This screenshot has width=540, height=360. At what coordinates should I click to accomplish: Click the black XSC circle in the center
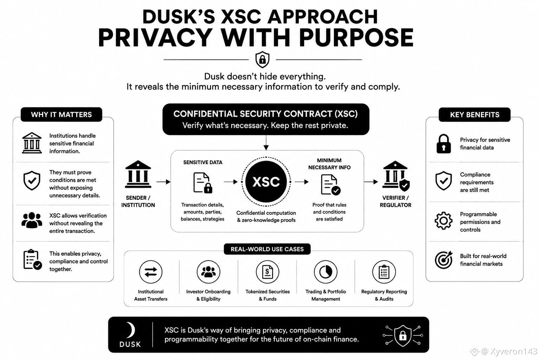266,181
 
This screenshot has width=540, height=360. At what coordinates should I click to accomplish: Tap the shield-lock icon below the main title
262,59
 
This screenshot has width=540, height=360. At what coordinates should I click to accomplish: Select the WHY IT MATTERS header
62,115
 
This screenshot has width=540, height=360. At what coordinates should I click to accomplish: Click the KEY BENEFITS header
474,115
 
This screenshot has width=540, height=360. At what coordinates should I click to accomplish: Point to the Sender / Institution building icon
138,174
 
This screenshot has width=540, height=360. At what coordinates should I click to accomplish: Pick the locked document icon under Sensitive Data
203,182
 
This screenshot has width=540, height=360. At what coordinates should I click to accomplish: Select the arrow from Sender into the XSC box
163,181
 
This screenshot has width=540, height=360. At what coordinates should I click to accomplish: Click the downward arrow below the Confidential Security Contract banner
266,143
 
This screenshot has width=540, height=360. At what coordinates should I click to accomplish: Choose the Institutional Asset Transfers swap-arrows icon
151,272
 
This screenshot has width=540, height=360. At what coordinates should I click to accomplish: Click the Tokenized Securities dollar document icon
267,272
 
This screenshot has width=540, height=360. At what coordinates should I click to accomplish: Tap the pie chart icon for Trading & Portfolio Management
326,272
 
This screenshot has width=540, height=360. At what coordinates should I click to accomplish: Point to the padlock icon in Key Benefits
444,144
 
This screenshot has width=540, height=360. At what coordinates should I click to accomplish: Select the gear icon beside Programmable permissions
443,221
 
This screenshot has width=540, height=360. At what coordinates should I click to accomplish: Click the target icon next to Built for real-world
444,260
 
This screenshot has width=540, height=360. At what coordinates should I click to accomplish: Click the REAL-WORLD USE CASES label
267,249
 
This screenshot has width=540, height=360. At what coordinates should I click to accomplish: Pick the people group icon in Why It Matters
32,220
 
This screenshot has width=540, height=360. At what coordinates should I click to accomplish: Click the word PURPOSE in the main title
356,38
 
